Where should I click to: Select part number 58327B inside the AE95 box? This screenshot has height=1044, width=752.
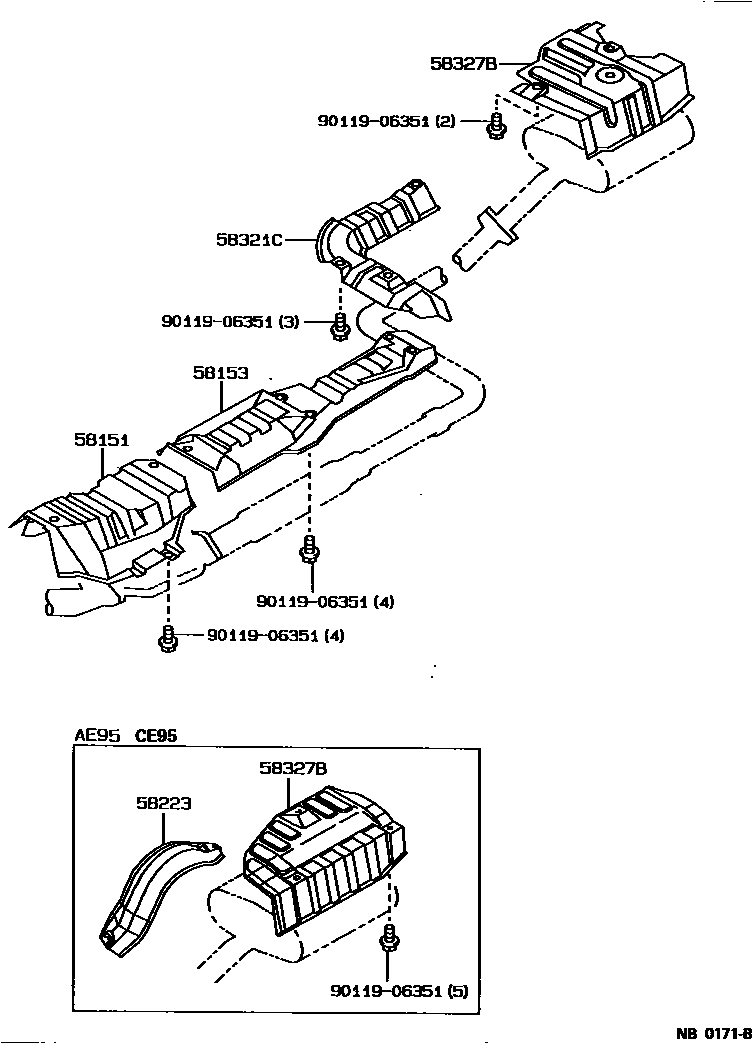coord(291,768)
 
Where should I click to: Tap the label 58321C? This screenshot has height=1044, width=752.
coord(250,240)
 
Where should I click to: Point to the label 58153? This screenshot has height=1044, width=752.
coord(220,372)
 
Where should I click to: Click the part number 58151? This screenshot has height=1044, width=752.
coord(101,439)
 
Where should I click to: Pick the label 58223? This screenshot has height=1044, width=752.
coord(164,802)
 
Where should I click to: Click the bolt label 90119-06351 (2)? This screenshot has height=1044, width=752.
coord(387,121)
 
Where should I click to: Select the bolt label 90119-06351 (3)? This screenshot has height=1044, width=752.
coord(230,321)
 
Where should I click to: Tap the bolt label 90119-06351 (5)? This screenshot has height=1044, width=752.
coord(398,991)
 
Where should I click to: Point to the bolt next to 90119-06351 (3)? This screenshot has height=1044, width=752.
coord(340,324)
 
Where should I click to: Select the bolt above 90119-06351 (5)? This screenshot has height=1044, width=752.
coord(388,942)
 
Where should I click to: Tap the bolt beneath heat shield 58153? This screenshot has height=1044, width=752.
coord(310,550)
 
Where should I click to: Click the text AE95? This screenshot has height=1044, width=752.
coord(97,736)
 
